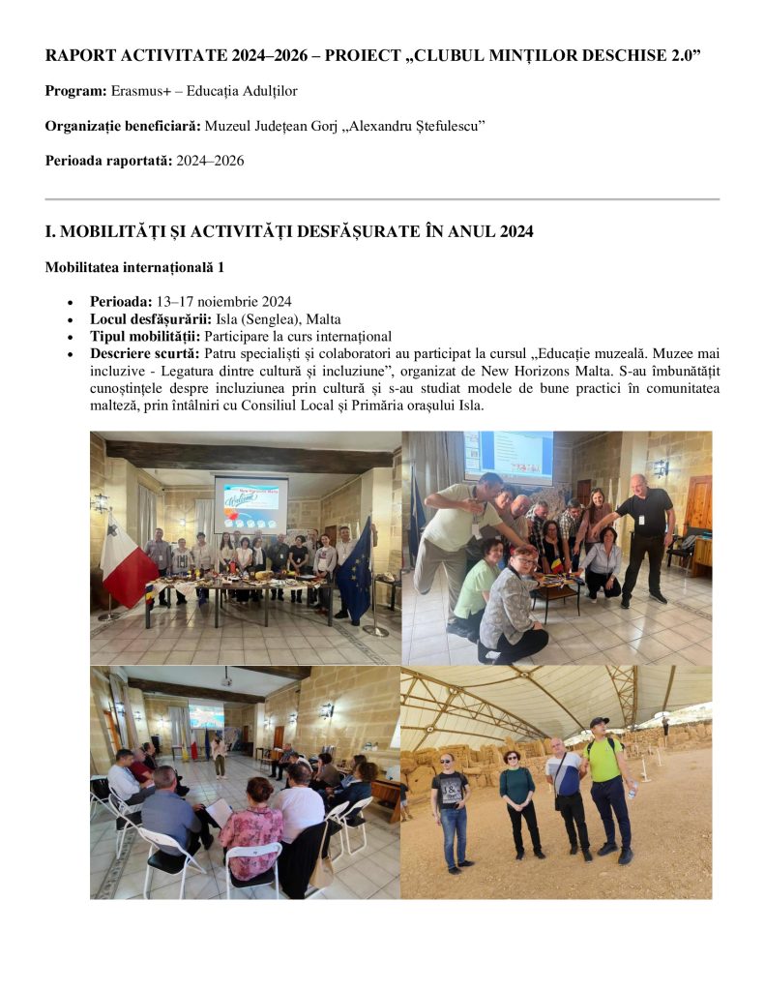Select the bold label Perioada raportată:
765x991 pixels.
tap(108, 161)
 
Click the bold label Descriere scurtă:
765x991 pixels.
tap(145, 354)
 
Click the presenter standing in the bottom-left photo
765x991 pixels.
tap(221, 753)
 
